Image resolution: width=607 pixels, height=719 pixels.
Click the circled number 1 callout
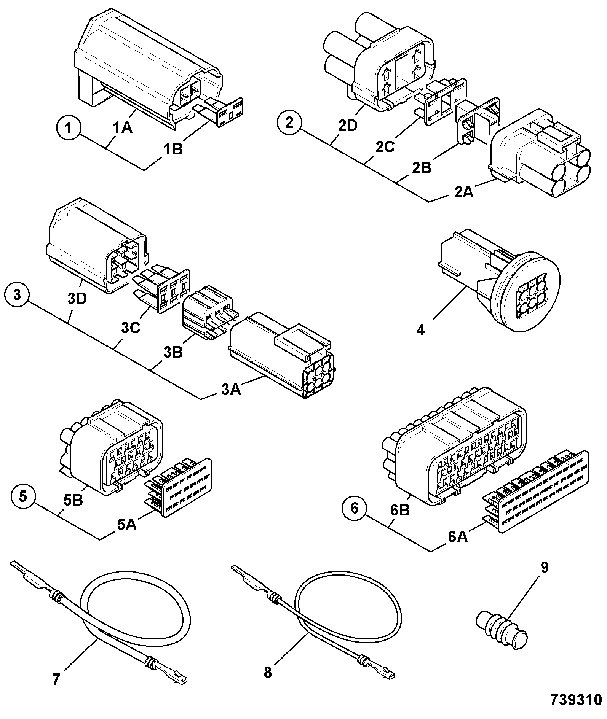[69, 127]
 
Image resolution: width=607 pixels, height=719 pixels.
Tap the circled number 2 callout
[289, 122]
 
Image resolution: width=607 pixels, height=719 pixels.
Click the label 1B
[173, 149]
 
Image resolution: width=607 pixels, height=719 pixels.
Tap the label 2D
[347, 126]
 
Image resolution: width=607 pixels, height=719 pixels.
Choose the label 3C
[131, 328]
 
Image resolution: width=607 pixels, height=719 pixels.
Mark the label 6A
[458, 537]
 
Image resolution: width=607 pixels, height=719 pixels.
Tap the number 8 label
[268, 673]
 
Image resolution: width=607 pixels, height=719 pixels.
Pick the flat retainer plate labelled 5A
[178, 486]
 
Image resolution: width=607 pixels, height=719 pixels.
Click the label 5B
[73, 501]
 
